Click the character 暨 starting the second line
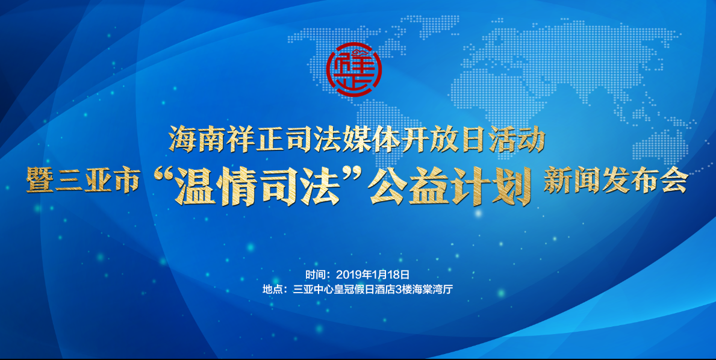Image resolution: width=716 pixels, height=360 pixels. tap(39, 180)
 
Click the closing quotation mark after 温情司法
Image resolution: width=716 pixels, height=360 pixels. tap(352, 176)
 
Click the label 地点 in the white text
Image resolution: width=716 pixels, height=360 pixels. tap(272, 290)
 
